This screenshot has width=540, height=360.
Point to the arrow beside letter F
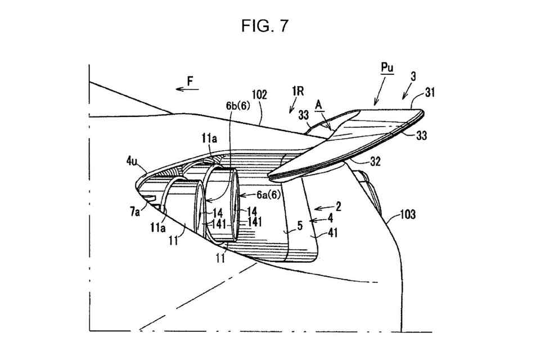click(183, 88)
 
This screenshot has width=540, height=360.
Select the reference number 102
click(259, 96)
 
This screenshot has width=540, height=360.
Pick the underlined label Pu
click(386, 67)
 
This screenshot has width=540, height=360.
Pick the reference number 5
click(299, 226)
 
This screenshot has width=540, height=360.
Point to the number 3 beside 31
click(413, 76)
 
